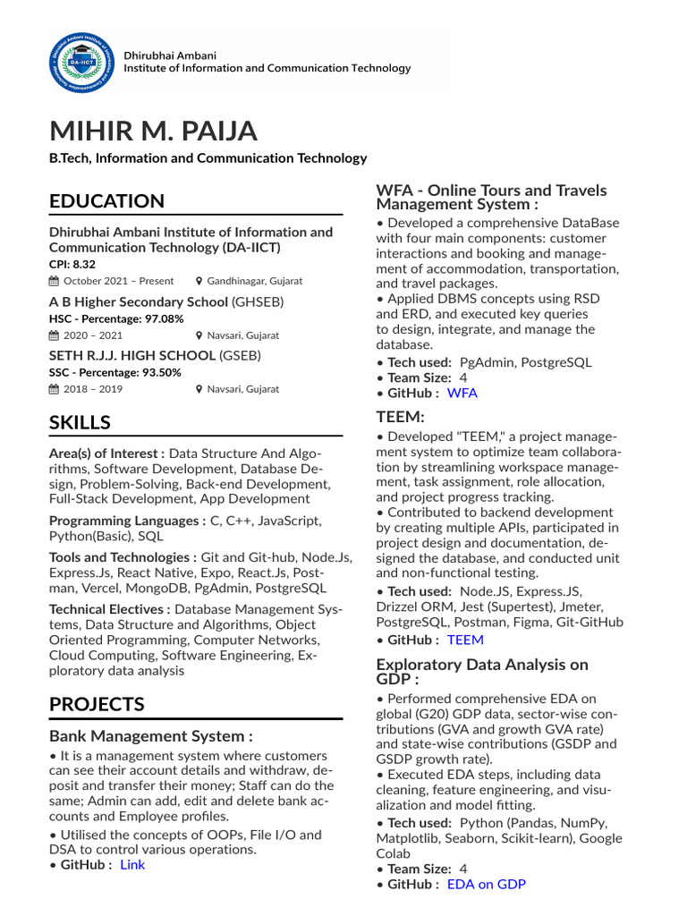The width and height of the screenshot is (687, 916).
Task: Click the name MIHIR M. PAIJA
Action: pyautogui.click(x=153, y=131)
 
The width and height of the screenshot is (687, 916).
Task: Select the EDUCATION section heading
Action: pyautogui.click(x=106, y=201)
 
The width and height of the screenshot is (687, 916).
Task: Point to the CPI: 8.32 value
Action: pyautogui.click(x=72, y=265)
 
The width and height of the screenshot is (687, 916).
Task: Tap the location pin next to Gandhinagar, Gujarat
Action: pyautogui.click(x=199, y=281)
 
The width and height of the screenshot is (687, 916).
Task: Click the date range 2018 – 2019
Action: pyautogui.click(x=94, y=389)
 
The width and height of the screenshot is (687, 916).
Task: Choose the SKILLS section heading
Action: pyautogui.click(x=80, y=422)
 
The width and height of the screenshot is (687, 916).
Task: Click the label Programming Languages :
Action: pyautogui.click(x=127, y=521)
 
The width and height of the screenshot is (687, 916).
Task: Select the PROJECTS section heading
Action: pyautogui.click(x=97, y=704)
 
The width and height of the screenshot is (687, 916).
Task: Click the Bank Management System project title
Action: pyautogui.click(x=150, y=736)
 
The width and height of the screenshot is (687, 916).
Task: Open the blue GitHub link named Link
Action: pyautogui.click(x=132, y=864)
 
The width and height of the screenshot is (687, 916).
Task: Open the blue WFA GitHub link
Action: pyautogui.click(x=462, y=393)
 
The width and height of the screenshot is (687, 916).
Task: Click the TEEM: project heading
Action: pyautogui.click(x=400, y=416)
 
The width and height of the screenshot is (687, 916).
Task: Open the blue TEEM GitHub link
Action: pyautogui.click(x=465, y=640)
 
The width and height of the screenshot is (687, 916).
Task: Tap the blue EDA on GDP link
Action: pyautogui.click(x=487, y=884)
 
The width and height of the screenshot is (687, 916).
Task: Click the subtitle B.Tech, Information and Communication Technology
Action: pyautogui.click(x=208, y=158)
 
